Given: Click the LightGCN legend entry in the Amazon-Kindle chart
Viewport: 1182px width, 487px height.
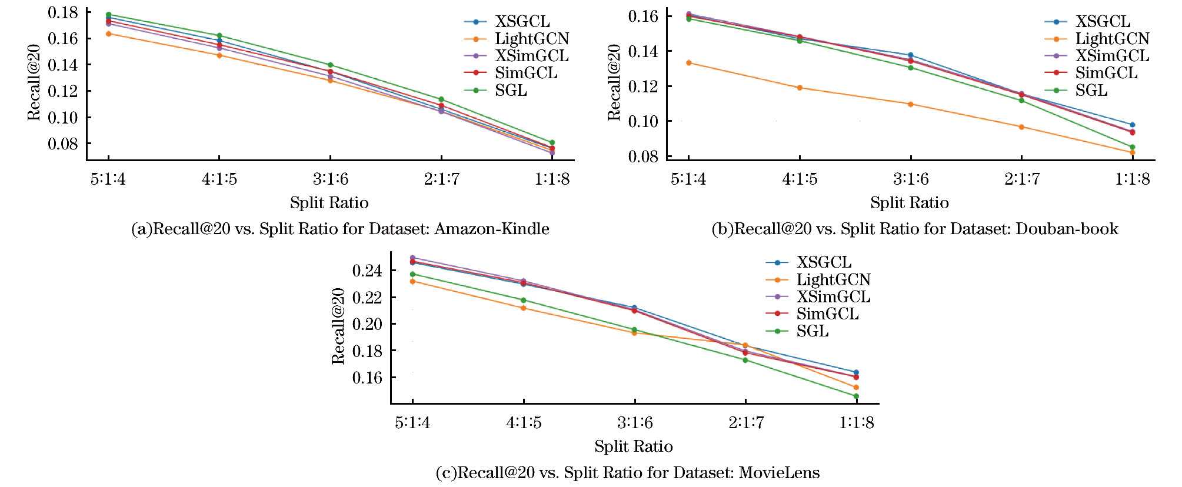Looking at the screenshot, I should coord(531,39).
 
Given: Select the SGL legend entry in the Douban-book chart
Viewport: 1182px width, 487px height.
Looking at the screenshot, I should coord(1091,91).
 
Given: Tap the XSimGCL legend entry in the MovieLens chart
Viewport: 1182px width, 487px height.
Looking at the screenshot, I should coord(833,297).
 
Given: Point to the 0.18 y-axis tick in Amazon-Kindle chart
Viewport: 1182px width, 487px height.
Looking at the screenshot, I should coord(63,12).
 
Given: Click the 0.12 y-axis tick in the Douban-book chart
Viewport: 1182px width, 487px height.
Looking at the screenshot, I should coord(643,86).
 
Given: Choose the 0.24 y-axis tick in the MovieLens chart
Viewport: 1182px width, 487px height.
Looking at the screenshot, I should coord(367,271).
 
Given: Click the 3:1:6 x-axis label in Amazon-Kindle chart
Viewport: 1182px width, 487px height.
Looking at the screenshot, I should coord(330,179).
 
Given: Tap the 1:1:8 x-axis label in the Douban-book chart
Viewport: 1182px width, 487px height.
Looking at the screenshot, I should coord(1132,179).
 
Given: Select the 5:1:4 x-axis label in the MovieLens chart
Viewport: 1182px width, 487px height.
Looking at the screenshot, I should coord(412,422).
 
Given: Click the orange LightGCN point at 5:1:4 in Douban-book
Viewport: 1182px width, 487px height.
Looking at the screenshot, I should coord(688,63).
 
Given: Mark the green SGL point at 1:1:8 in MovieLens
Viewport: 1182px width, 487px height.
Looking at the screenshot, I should coord(856,396).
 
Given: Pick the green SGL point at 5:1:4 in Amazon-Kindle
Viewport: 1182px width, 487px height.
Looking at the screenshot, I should coord(108,15).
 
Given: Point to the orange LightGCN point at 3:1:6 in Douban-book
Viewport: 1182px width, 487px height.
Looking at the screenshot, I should coord(910,104).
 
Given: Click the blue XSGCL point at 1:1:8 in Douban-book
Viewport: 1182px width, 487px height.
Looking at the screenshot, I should coord(1132,125).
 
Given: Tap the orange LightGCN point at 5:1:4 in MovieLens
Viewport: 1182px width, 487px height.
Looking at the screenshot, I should coord(412,282).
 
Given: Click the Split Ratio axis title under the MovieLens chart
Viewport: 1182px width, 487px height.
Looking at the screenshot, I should coord(633,446).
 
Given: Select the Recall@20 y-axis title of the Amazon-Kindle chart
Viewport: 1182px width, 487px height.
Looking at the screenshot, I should coord(34,82).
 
